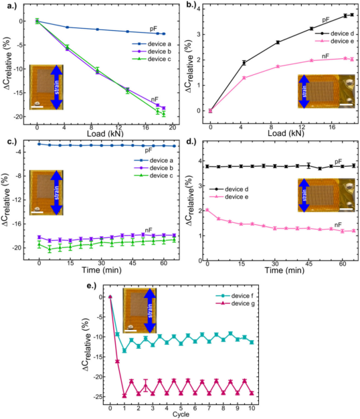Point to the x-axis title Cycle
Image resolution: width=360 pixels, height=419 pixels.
point(180,414)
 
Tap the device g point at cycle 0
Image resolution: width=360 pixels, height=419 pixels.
point(110,297)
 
